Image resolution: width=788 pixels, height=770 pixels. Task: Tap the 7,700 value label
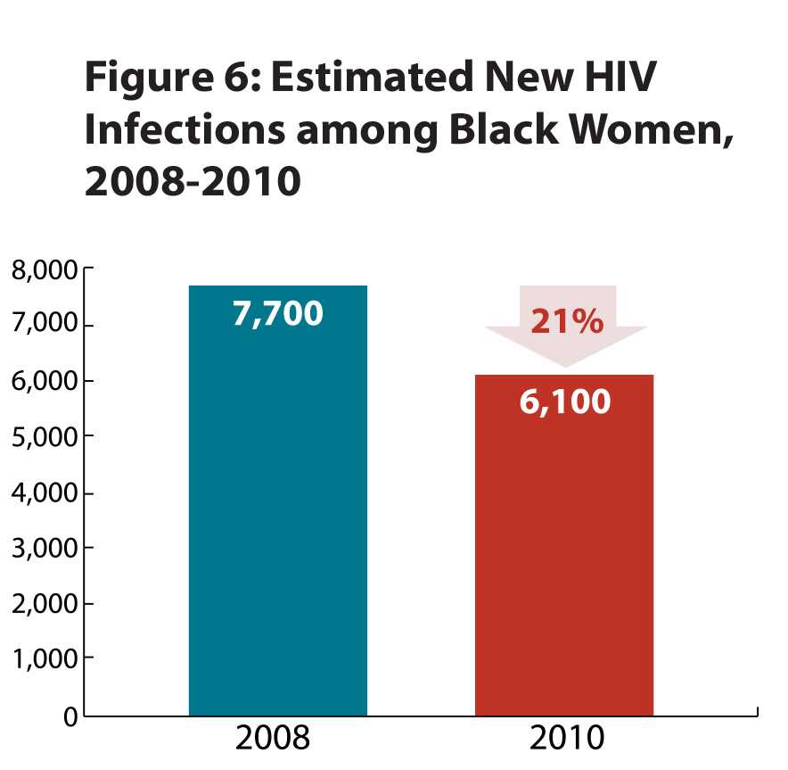[x=277, y=314]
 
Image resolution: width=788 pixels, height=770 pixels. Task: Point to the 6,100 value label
[x=565, y=402]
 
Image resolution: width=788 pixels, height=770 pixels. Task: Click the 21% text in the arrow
[x=566, y=322]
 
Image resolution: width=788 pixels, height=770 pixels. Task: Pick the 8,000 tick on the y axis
[x=42, y=269]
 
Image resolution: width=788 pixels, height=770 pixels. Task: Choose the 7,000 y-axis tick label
[x=42, y=325]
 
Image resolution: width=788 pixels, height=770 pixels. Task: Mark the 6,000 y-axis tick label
[x=42, y=381]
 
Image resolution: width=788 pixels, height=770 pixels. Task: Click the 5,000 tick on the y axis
[x=42, y=436]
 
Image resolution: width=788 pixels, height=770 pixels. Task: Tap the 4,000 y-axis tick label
[x=42, y=493]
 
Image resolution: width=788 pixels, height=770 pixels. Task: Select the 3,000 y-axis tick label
[x=42, y=548]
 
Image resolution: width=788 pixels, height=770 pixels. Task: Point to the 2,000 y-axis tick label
[x=42, y=604]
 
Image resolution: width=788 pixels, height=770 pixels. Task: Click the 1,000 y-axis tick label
[x=42, y=659]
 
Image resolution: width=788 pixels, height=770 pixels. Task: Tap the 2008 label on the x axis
[x=273, y=740]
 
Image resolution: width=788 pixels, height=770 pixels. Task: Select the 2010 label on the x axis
[x=567, y=740]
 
